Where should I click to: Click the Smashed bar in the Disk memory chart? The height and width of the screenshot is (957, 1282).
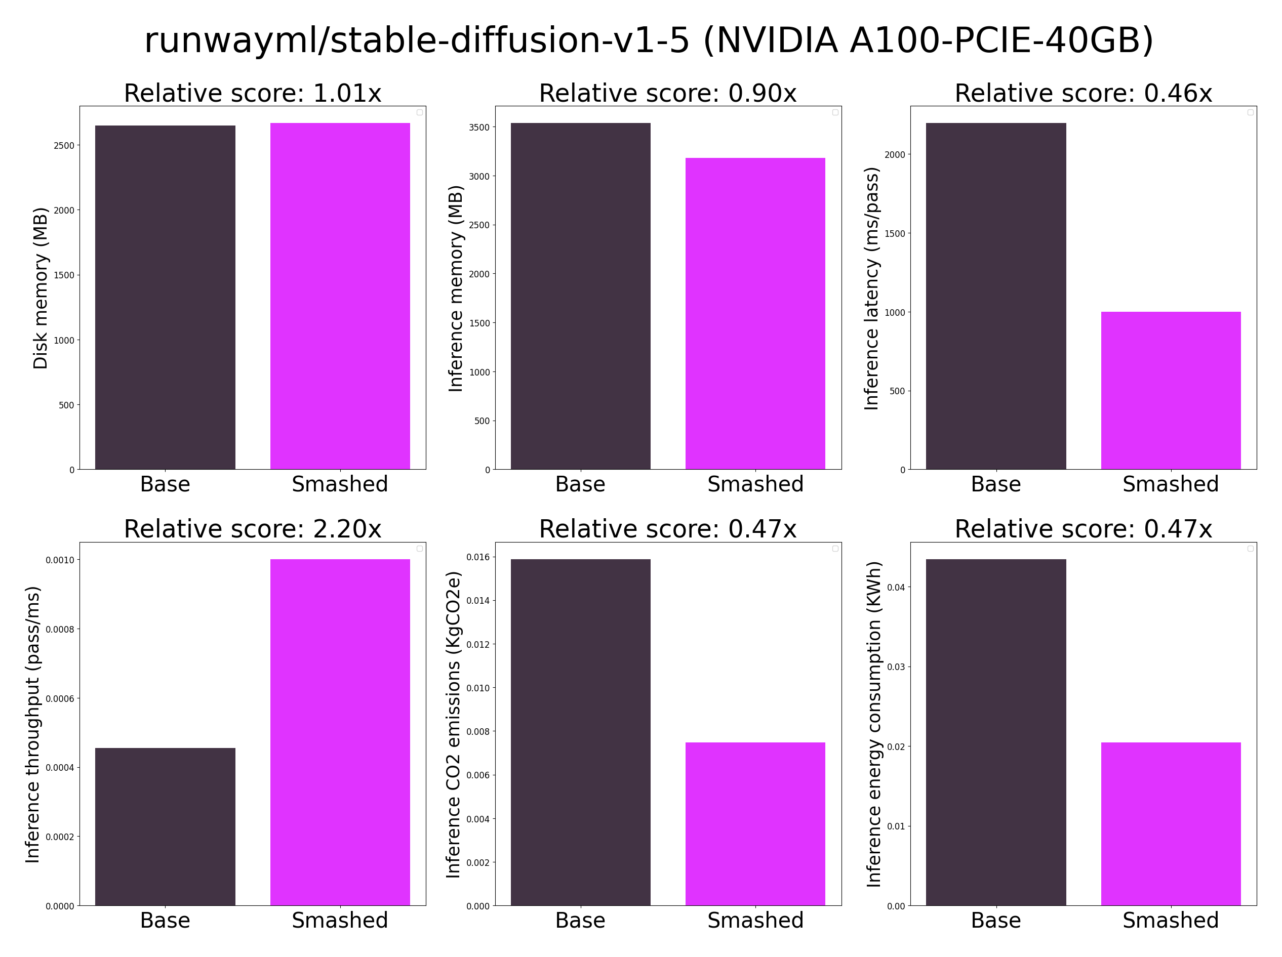point(340,296)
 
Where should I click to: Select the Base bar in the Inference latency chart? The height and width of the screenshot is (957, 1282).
point(996,296)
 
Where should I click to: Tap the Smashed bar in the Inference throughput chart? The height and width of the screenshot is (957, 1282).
point(340,732)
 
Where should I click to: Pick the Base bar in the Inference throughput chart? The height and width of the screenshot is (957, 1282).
point(165,826)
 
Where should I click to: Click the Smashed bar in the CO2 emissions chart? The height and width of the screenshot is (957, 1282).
point(755,824)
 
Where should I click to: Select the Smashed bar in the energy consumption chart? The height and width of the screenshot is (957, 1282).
point(1171,824)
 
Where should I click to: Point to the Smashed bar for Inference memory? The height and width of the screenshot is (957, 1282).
point(755,313)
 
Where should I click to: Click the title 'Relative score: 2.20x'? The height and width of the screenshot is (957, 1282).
point(253,529)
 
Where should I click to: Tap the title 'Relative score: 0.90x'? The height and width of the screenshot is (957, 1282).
point(668,93)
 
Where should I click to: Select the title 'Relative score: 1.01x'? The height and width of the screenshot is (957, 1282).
point(253,93)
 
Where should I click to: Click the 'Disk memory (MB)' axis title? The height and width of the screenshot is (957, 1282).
point(40,288)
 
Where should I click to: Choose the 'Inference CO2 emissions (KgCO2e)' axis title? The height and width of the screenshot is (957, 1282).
point(453,725)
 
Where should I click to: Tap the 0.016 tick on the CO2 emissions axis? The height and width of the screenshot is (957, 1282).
point(477,557)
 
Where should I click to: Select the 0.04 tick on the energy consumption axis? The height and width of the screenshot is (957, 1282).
point(896,588)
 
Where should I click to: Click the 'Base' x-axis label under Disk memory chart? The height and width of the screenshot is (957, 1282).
point(165,484)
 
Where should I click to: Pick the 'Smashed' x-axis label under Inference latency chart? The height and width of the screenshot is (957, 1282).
point(1171,484)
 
